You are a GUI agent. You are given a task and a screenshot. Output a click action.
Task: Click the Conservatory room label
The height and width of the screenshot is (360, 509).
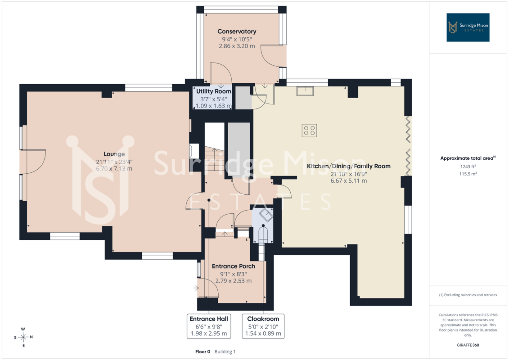pos(237,31)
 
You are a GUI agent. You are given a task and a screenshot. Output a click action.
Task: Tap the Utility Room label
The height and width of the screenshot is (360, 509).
pos(214,91)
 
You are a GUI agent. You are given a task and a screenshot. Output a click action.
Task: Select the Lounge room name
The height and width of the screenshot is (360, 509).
pos(114,154)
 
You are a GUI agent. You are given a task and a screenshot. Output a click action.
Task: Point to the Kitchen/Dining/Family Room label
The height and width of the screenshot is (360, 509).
pos(349,166)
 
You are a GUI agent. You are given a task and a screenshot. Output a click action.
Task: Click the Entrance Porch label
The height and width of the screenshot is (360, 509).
pos(234,266)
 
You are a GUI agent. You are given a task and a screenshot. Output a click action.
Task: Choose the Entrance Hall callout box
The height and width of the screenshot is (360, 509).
pos(209,326)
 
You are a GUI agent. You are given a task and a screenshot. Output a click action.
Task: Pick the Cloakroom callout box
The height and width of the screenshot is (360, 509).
pos(263,326)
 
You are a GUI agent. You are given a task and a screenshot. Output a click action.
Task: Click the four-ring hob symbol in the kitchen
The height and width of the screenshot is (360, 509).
pos(309,130)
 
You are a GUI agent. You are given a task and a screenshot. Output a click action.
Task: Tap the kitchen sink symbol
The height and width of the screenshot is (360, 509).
pos(305,91)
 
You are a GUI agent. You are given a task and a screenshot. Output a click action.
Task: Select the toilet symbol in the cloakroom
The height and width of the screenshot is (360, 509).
pos(263,234)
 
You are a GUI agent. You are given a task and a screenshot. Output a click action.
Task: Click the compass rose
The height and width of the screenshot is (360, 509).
pos(23,337)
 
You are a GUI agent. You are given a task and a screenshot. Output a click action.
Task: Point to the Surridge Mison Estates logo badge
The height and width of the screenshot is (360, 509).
pos(468,27)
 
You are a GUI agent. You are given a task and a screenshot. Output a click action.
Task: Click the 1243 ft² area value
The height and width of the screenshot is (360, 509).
pos(468,166)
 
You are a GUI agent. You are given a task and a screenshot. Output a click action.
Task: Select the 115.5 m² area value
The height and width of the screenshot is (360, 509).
pos(468,174)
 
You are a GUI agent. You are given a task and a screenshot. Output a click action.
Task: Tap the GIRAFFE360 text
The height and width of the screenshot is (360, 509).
pos(468,345)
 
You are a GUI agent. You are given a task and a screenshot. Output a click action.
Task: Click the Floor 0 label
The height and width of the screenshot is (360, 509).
pos(203,351)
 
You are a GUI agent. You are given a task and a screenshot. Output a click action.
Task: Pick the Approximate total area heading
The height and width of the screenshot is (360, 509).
pos(468,158)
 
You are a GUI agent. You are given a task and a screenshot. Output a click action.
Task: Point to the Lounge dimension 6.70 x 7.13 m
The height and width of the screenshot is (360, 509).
pos(114,169)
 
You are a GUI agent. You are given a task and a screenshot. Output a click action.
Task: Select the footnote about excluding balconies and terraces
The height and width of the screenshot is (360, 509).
pos(468,295)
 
